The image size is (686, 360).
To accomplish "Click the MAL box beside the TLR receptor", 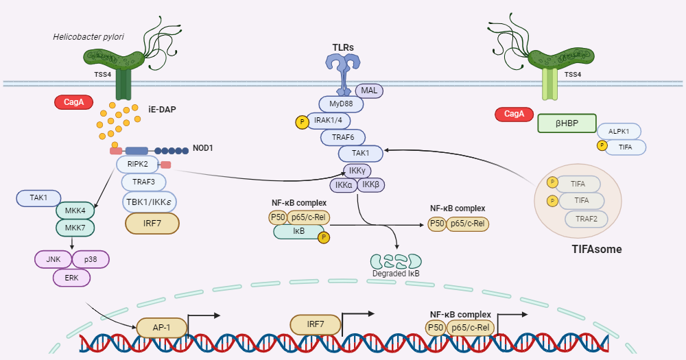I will (x=370, y=91).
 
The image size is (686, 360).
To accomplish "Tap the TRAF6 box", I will (x=342, y=137).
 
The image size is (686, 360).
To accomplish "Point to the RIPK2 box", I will (x=137, y=165).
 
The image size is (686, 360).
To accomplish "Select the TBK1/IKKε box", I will (x=149, y=202).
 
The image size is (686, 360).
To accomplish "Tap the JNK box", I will (x=52, y=260).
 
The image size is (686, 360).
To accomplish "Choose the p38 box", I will (x=90, y=260).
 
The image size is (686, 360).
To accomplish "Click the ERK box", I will (x=71, y=278).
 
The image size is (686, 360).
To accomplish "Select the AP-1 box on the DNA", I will (x=162, y=328).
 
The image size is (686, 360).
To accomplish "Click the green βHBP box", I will (x=567, y=123).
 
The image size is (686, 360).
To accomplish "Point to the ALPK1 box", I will (x=618, y=132).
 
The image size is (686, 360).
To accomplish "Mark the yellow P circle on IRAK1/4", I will (x=301, y=122).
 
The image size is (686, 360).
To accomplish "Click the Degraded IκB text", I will (x=396, y=274).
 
